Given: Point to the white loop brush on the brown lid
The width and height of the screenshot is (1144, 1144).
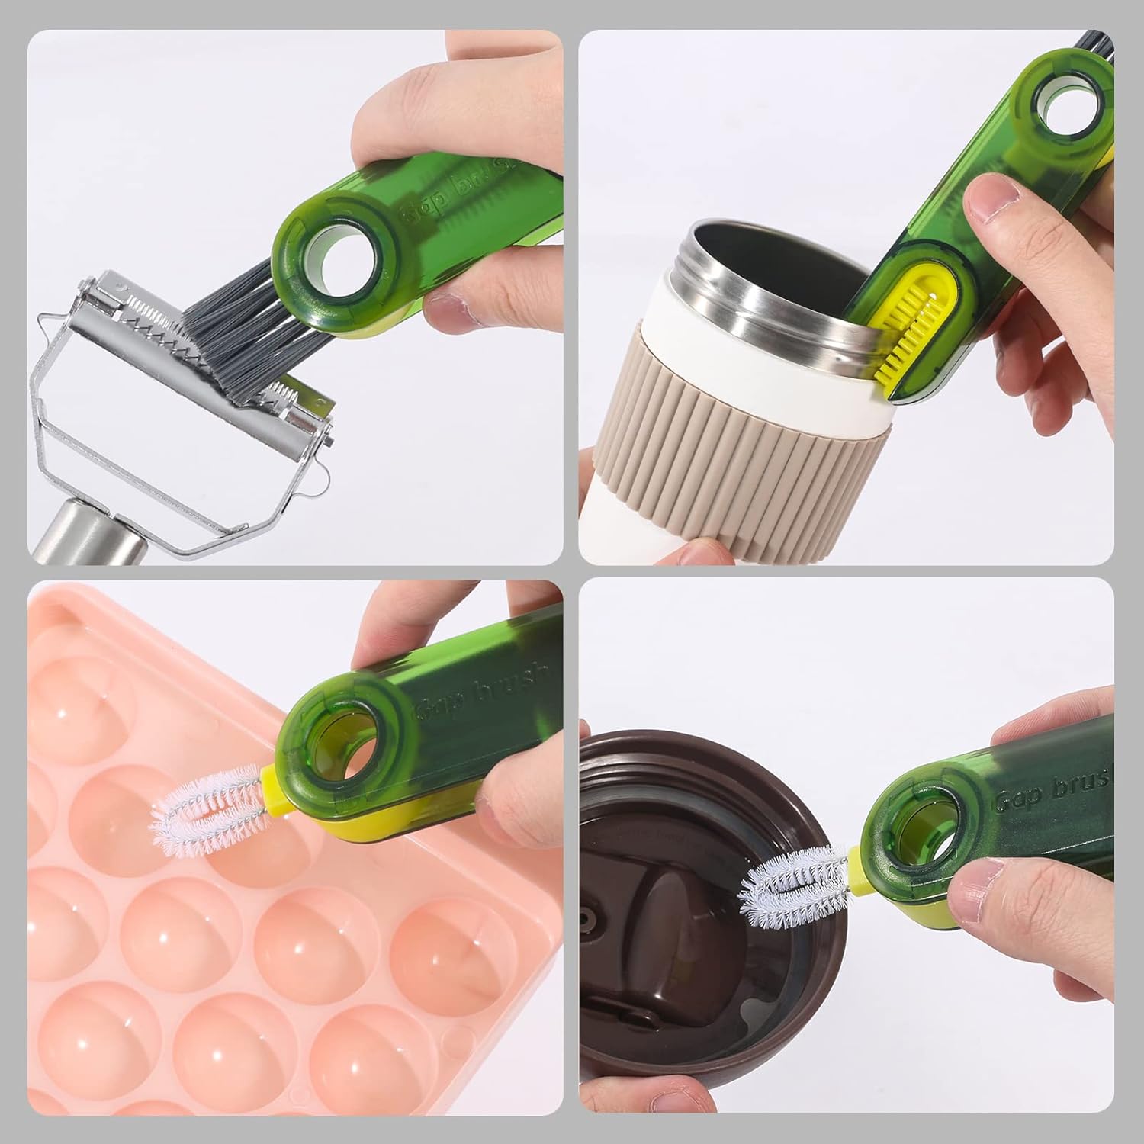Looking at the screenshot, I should point(793,885).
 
